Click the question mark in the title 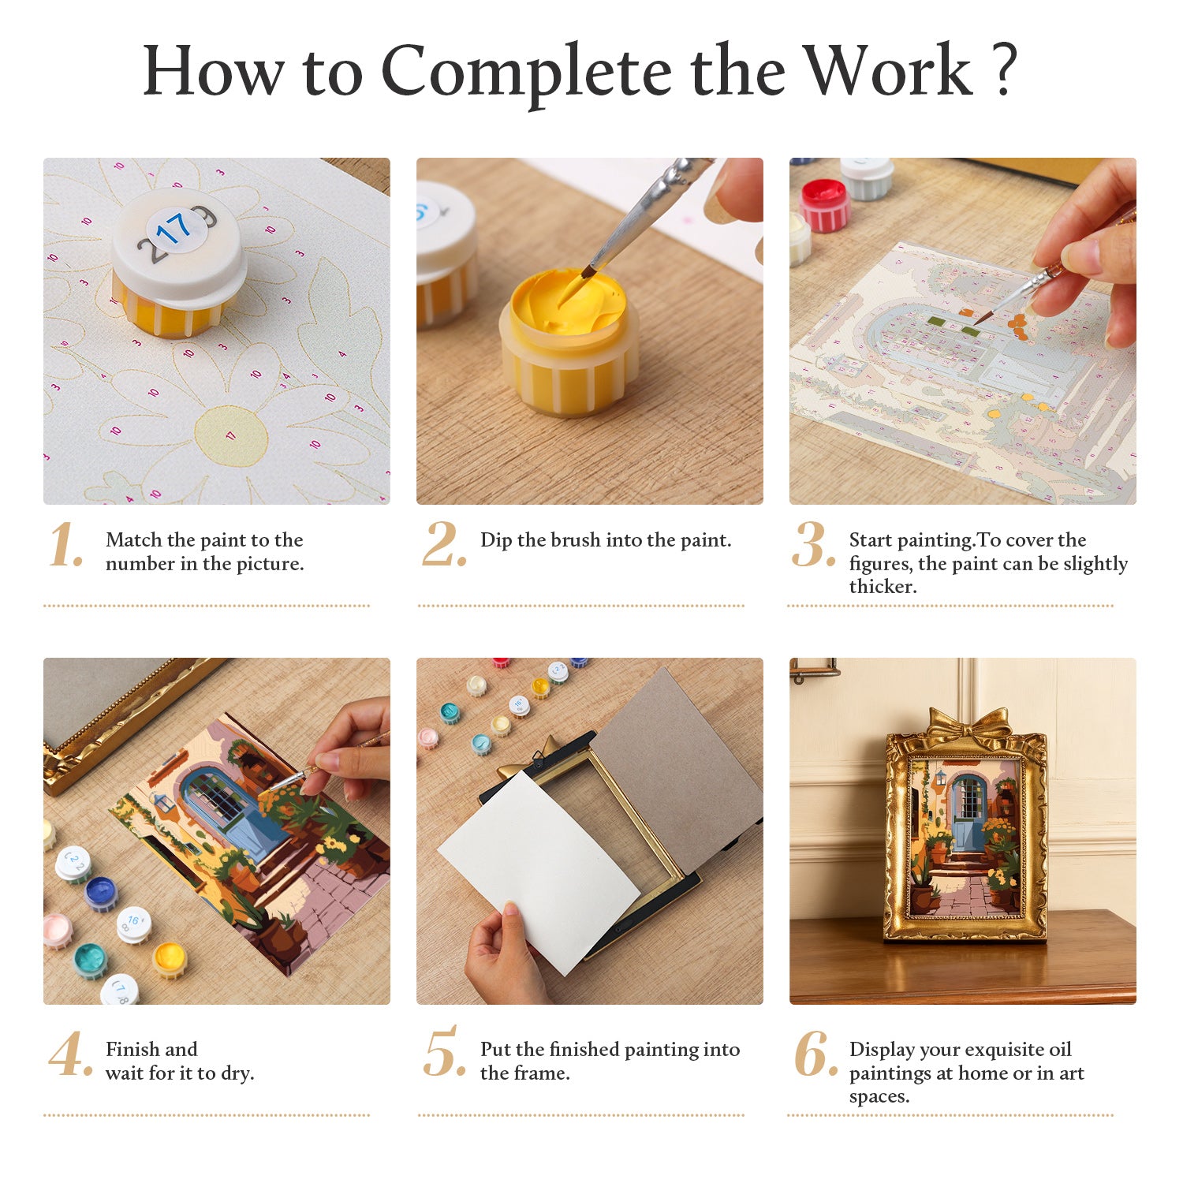tap(1002, 71)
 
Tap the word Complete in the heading tap(528, 73)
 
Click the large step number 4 tap(70, 1054)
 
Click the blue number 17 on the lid tap(173, 229)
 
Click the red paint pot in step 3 tap(824, 204)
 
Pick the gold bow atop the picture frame tap(968, 723)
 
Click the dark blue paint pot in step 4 tap(101, 894)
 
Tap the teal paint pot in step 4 tap(90, 961)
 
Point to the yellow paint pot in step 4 tap(170, 959)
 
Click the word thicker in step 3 tap(882, 587)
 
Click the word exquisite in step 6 tap(996, 1051)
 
